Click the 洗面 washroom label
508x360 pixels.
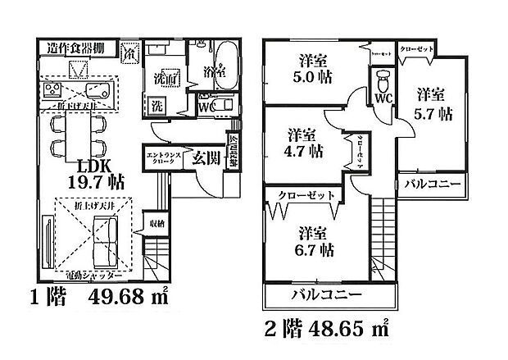pos(161,80)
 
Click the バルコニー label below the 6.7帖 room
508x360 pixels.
pos(311,294)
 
